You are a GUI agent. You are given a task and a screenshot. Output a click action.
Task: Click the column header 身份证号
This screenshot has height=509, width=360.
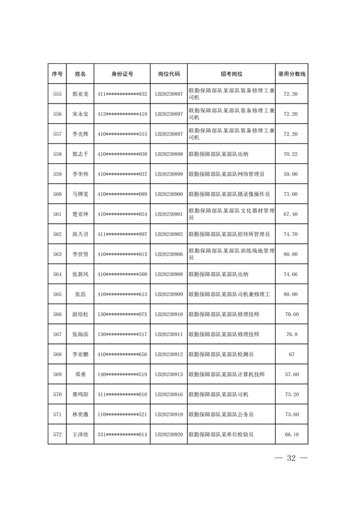pyautogui.click(x=122, y=74)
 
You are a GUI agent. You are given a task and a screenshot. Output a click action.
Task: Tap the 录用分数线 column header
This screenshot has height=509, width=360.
pyautogui.click(x=291, y=74)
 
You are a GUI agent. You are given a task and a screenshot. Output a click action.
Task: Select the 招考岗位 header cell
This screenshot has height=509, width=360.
pyautogui.click(x=232, y=74)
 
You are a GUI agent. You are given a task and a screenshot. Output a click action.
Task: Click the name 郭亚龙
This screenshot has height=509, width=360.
pyautogui.click(x=80, y=94)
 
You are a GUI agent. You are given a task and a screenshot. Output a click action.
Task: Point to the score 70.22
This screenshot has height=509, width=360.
pyautogui.click(x=291, y=154)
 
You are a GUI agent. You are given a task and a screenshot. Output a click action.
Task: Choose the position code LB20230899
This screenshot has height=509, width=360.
pyautogui.click(x=168, y=174)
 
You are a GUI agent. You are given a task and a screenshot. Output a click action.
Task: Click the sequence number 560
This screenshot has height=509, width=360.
pyautogui.click(x=57, y=194)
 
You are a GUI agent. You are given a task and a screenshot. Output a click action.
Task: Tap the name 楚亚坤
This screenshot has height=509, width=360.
pyautogui.click(x=80, y=214)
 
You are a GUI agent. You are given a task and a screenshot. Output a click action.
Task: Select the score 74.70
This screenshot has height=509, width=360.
pyautogui.click(x=291, y=234)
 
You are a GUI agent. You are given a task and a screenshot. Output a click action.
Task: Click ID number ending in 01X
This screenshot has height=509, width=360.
pyautogui.click(x=122, y=254)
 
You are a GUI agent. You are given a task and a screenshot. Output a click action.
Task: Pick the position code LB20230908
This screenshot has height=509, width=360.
pyautogui.click(x=168, y=274)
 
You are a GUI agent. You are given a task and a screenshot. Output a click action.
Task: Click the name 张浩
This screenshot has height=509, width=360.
pyautogui.click(x=80, y=294)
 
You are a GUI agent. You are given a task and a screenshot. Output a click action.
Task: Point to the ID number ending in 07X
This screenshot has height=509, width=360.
pyautogui.click(x=122, y=314)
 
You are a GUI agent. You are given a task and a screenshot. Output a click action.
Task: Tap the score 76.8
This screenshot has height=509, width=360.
pyautogui.click(x=291, y=334)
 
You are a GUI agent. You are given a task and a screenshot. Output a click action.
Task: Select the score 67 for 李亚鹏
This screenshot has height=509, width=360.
pyautogui.click(x=291, y=354)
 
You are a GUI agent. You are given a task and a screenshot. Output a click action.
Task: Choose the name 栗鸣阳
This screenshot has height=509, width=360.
pyautogui.click(x=80, y=394)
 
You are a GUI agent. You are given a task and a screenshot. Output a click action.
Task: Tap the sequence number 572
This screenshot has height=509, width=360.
pyautogui.click(x=57, y=435)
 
